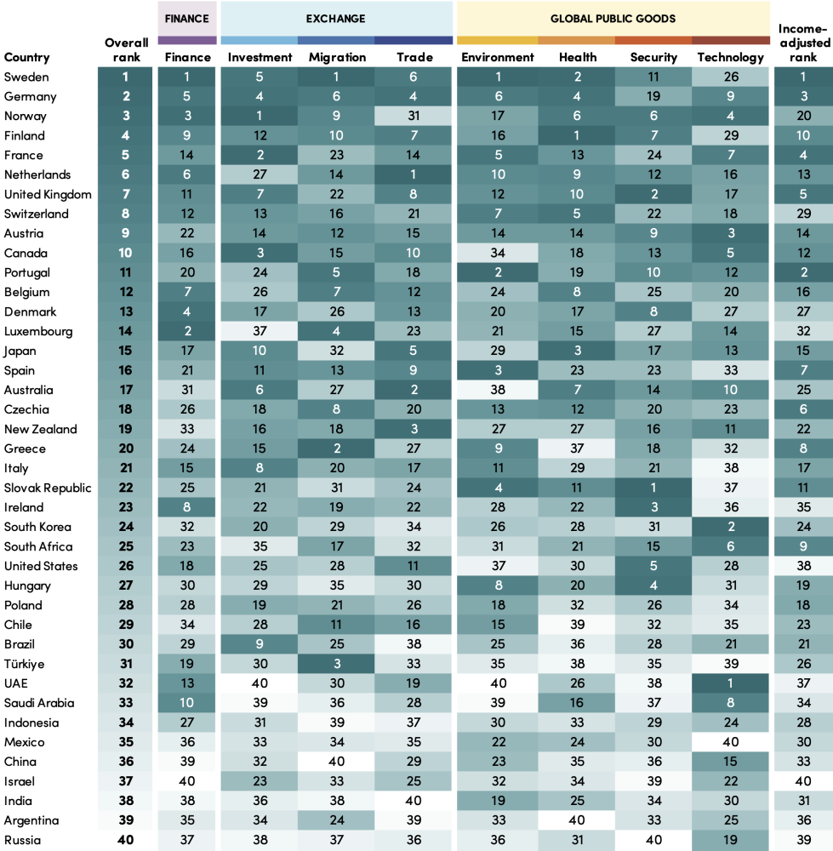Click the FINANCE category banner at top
click(187, 18)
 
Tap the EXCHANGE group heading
click(336, 18)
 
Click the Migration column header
click(336, 57)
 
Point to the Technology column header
click(730, 57)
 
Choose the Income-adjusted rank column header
click(803, 43)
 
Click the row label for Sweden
click(26, 77)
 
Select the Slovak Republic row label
click(46, 488)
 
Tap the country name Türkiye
click(24, 664)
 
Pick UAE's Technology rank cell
click(730, 683)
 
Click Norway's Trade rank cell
click(414, 116)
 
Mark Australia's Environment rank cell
click(498, 390)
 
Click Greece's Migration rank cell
click(336, 448)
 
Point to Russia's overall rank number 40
click(127, 840)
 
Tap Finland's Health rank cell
click(578, 135)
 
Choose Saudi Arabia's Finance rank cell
click(187, 703)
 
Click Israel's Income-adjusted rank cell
click(803, 781)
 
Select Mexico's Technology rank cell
click(730, 742)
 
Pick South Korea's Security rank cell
click(653, 527)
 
